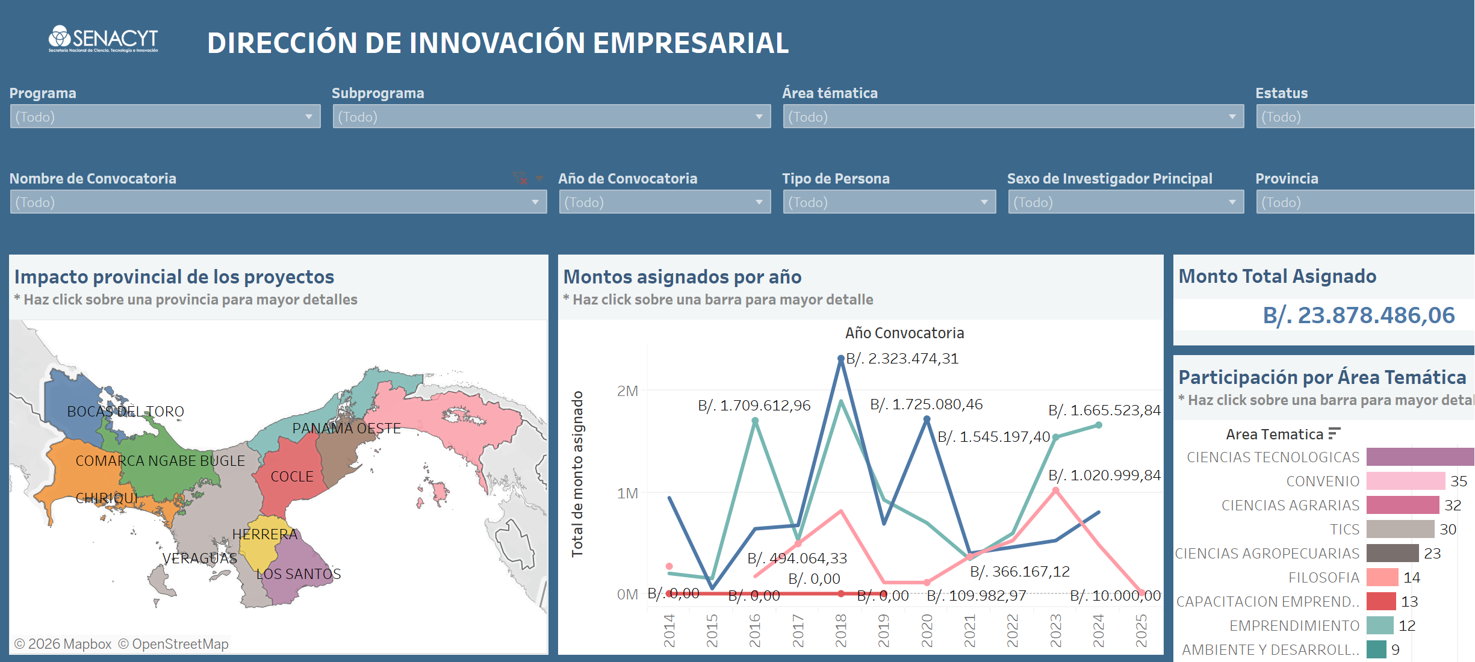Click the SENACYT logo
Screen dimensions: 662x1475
103,39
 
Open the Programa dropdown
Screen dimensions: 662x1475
165,117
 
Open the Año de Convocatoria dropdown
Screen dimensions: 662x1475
665,202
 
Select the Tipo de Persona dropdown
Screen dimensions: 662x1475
889,202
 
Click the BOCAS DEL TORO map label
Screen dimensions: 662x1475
125,412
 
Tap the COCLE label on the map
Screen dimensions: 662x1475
292,477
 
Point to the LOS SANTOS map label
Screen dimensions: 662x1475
299,574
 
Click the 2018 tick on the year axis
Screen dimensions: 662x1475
841,630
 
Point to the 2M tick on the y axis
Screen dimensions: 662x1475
627,391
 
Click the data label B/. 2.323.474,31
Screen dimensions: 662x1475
902,359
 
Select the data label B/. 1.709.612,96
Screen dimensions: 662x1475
754,406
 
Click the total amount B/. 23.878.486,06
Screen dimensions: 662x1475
1358,315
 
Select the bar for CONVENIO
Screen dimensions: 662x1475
1405,481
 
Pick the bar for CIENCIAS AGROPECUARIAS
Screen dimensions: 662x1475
1392,553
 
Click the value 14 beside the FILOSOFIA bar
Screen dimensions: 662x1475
1412,578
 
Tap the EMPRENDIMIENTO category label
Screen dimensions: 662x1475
1294,626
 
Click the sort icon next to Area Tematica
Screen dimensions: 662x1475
1334,433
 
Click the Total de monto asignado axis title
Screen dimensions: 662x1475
577,474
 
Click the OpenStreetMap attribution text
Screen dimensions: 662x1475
173,644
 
